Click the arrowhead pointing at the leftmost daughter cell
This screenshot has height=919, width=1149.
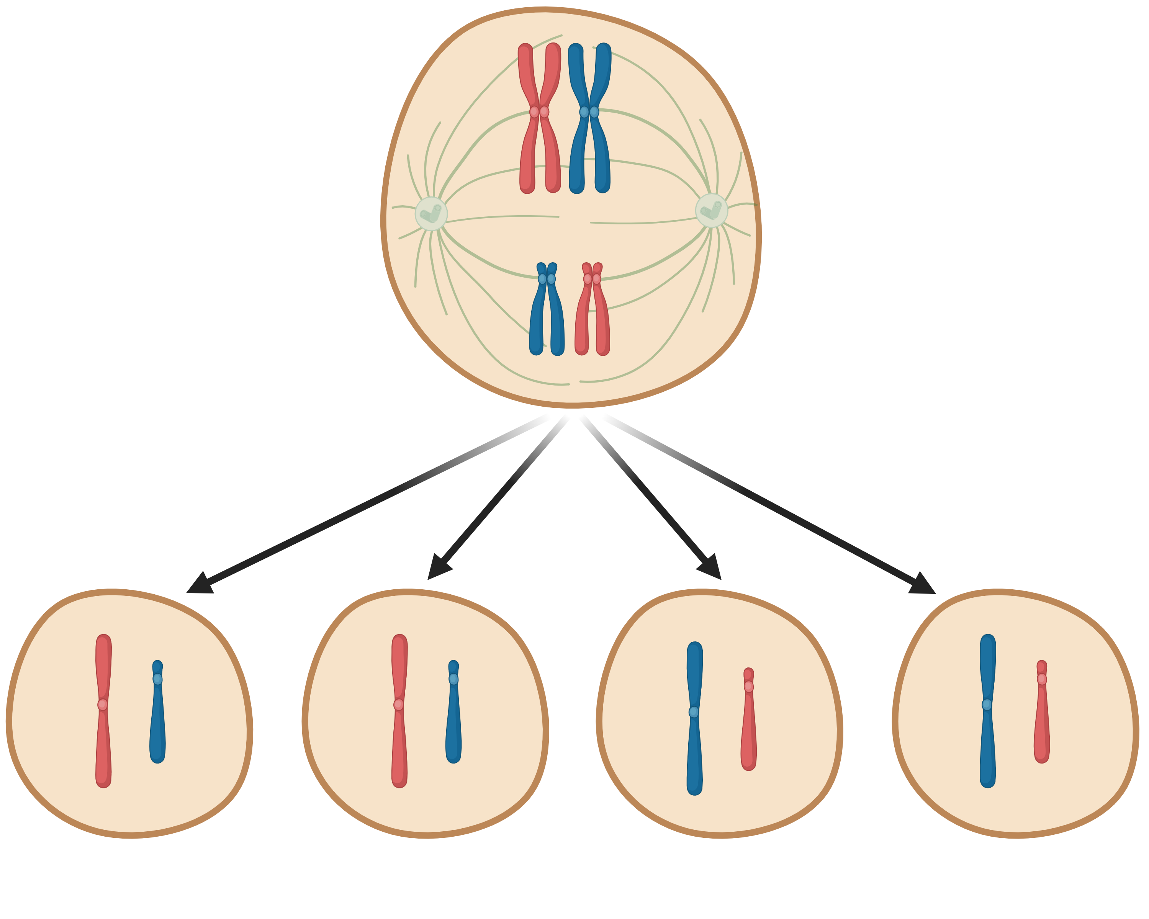(x=201, y=584)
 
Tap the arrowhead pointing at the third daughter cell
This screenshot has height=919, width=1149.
(x=711, y=568)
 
